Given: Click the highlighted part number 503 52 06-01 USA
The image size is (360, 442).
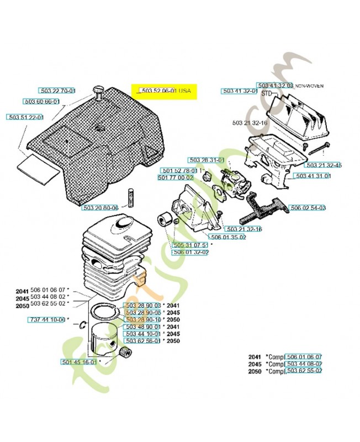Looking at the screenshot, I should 163,90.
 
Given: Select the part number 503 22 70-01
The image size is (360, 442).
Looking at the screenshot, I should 57,90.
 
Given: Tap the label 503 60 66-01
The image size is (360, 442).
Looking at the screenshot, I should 41,102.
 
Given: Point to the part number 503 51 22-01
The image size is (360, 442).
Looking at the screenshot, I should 25,117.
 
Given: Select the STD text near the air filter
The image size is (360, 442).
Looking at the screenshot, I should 267,94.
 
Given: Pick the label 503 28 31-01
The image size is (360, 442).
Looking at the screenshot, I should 206,160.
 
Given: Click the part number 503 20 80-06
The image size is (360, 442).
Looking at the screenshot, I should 100,208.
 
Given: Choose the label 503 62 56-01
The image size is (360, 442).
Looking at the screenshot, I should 143,341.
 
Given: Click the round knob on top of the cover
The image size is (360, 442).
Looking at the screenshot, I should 99,90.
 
